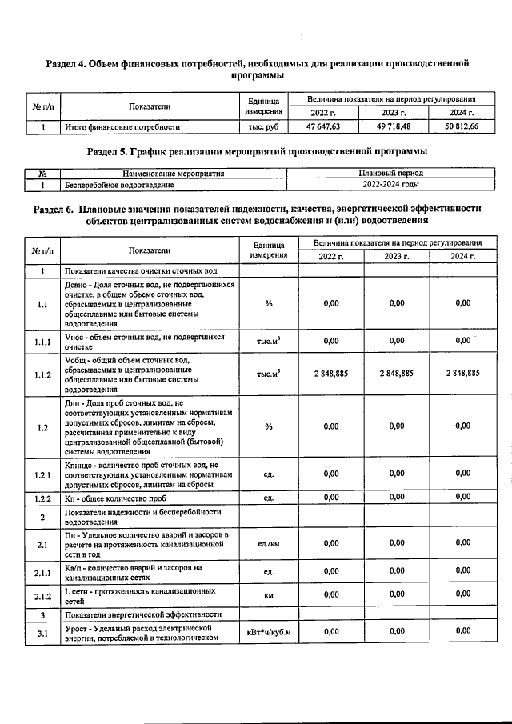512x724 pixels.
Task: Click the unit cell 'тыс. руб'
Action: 263,126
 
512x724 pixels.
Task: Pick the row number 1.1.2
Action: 42,374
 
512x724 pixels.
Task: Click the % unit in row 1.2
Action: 268,426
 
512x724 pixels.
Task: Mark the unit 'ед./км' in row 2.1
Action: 268,543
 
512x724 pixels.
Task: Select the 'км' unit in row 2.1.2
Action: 268,597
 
